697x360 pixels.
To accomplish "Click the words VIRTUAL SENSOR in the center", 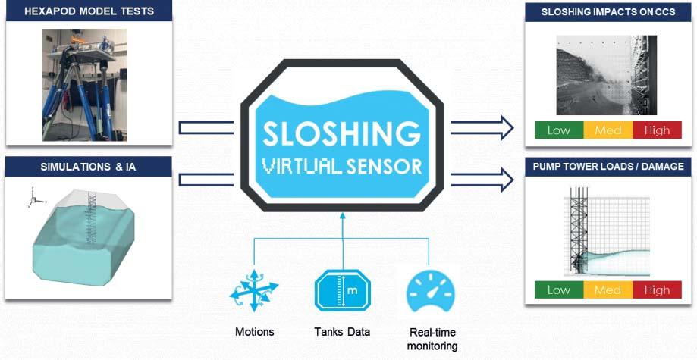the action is point(342,165).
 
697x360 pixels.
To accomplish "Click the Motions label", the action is point(254,331).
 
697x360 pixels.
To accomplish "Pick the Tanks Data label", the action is point(342,331).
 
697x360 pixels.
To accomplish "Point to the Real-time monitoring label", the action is point(432,339).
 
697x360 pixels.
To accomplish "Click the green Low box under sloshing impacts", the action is point(559,130).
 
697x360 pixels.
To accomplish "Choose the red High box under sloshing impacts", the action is point(657,130).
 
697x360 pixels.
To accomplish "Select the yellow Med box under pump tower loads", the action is point(608,290).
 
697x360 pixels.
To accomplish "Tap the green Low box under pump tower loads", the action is point(559,290).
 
